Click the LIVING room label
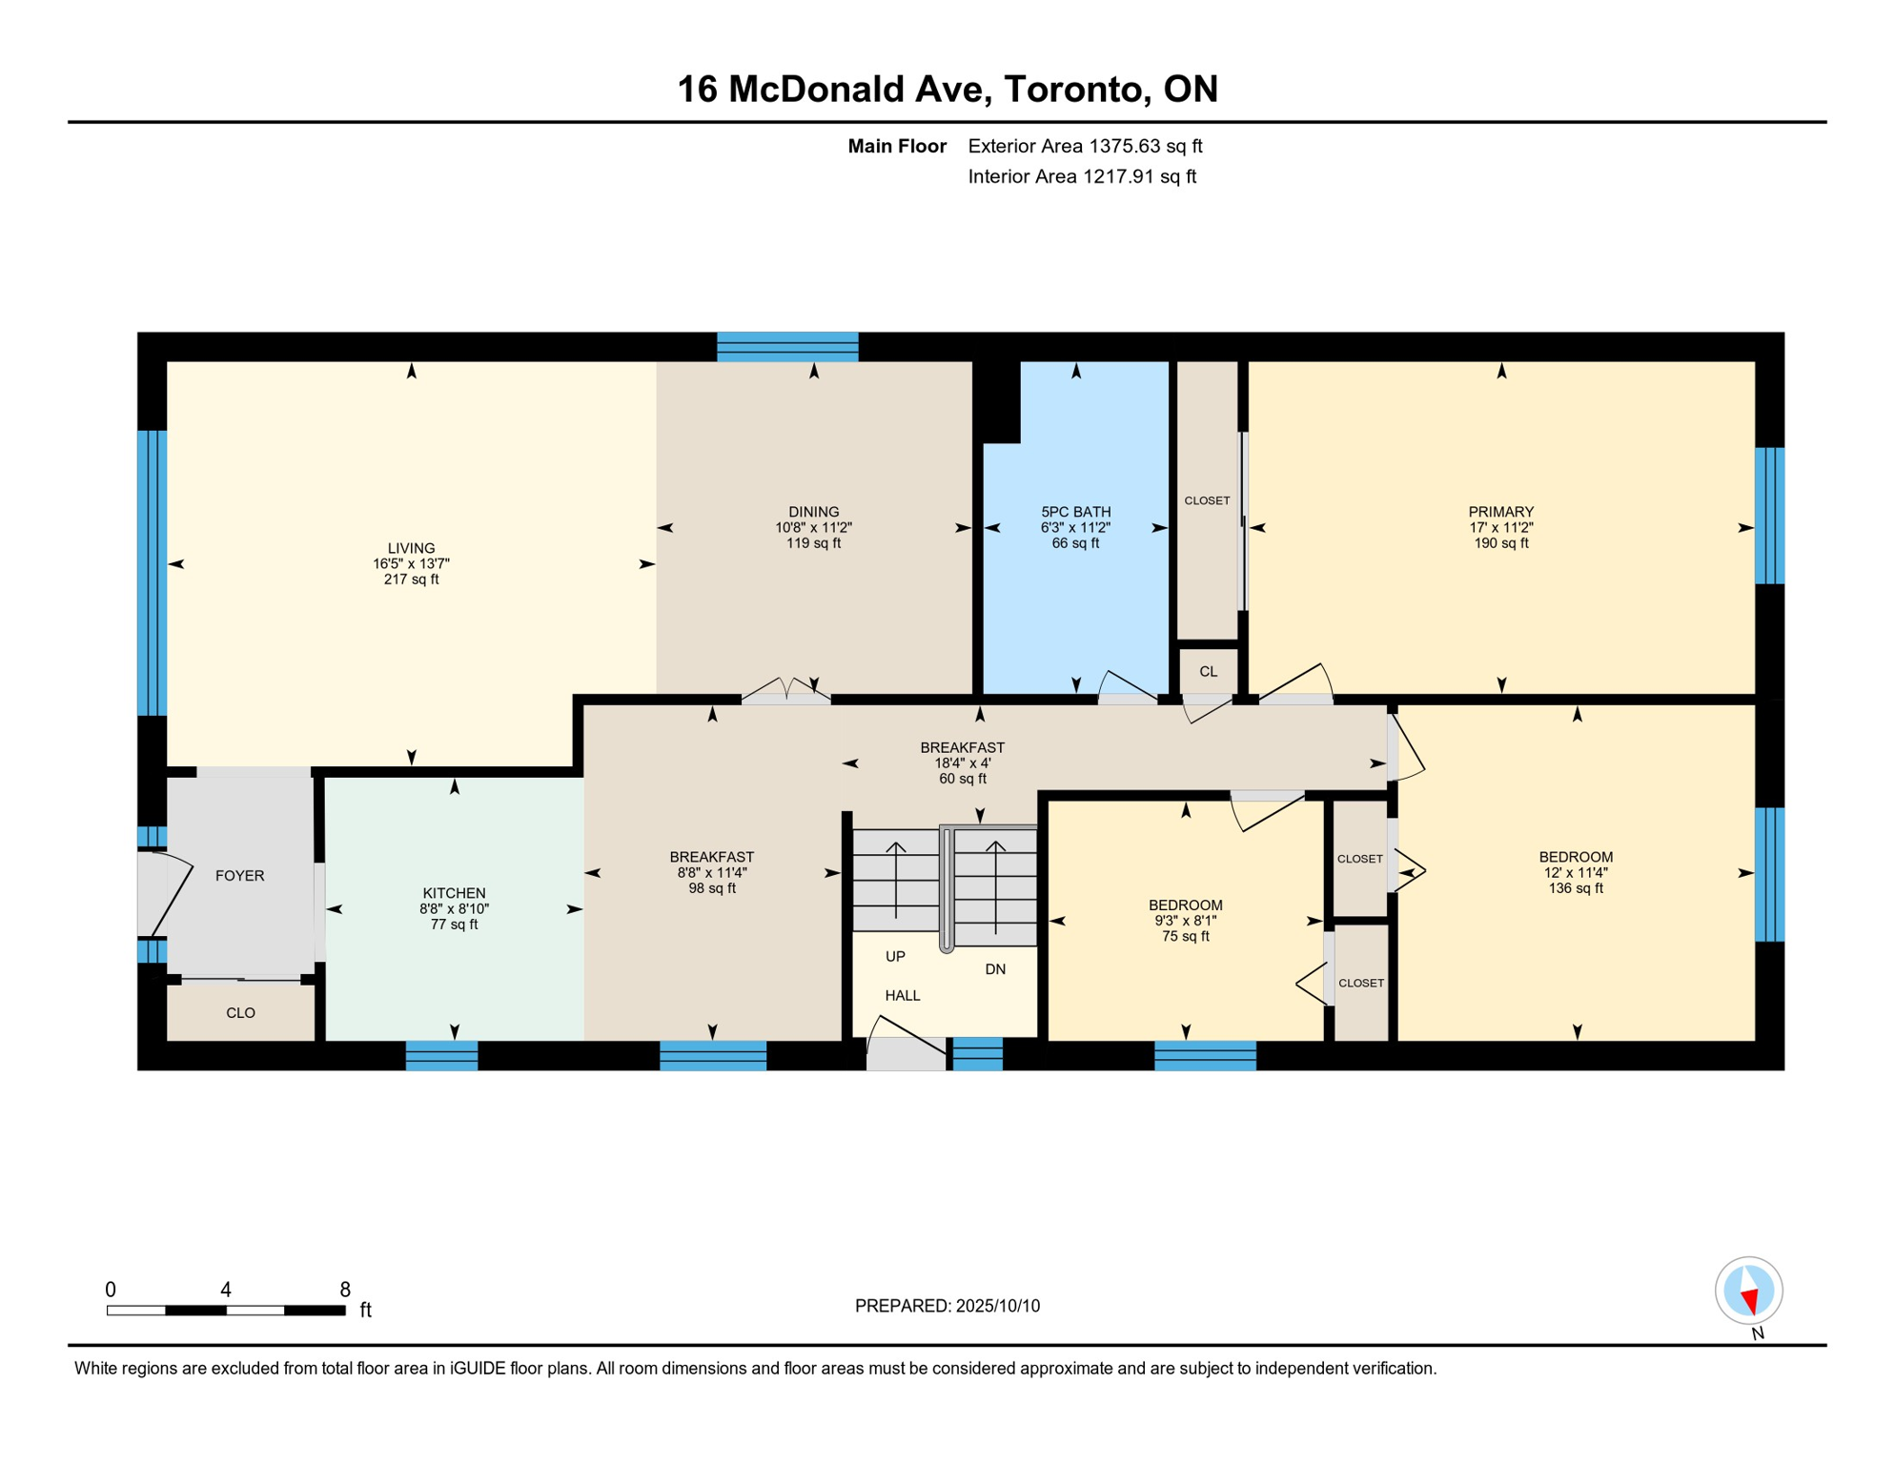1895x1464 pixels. tap(411, 548)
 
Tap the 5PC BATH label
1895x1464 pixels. tap(1075, 512)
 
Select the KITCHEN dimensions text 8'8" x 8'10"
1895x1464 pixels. tap(454, 909)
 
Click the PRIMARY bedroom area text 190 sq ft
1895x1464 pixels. tap(1500, 543)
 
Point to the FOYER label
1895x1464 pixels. tap(239, 876)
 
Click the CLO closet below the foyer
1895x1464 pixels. tap(240, 1013)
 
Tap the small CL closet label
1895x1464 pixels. tap(1208, 672)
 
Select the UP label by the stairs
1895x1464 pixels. tap(895, 957)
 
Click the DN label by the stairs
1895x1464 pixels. tap(995, 969)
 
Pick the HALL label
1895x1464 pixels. tap(902, 996)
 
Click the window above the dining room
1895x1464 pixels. tap(787, 347)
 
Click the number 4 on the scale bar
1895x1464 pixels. tap(226, 1290)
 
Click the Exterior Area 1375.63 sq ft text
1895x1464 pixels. tap(1085, 146)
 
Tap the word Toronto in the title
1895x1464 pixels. tap(1072, 89)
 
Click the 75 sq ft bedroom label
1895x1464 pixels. tap(1185, 937)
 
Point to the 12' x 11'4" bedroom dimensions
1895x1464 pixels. tap(1575, 873)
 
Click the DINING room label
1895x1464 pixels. tap(813, 512)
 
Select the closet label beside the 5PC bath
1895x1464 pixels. tap(1207, 501)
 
